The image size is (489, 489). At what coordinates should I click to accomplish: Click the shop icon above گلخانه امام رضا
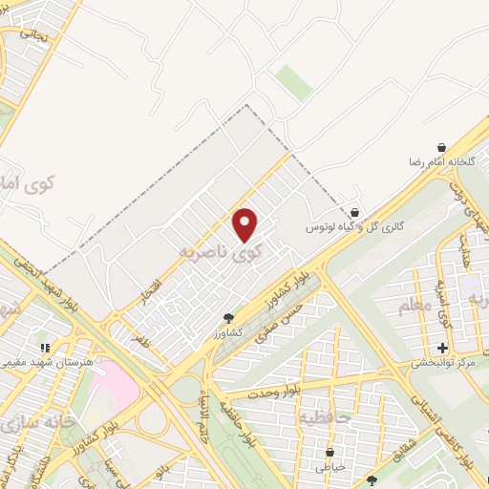click(441, 147)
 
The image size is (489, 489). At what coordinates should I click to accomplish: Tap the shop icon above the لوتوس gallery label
click(355, 213)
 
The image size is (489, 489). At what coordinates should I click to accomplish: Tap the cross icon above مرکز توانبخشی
click(442, 349)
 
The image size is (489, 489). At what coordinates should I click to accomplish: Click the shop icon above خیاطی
click(330, 453)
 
